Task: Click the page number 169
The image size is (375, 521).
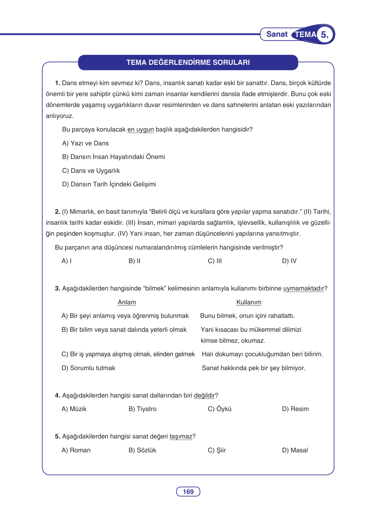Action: pos(188,492)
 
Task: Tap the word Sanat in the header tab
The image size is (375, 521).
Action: pos(277,34)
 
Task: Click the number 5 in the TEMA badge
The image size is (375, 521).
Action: pos(324,34)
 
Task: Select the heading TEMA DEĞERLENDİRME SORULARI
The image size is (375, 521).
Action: pos(188,62)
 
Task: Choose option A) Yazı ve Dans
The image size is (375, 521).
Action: pos(85,143)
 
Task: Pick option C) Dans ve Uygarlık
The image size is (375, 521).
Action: pos(91,171)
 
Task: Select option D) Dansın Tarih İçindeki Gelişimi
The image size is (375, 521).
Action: pos(109,184)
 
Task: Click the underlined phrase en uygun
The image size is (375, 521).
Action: pos(141,129)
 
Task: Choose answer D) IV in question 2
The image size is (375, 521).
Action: pos(289,261)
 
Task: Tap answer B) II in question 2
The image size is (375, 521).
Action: pos(134,261)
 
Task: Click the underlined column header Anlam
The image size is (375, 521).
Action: pos(127,302)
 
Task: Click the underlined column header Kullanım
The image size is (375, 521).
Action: pos(249,302)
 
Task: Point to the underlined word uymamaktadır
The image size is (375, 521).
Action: pos(303,288)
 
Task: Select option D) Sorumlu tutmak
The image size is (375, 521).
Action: pos(88,368)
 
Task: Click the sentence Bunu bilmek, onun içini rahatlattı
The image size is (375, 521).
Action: pos(247,316)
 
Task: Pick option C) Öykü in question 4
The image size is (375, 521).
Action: pos(219,409)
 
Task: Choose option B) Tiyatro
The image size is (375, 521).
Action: pos(142,409)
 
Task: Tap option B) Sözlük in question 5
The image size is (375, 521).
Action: pos(142,450)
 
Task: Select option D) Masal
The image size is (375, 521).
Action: pos(295,450)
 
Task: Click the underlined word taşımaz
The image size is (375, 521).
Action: pos(181,436)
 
